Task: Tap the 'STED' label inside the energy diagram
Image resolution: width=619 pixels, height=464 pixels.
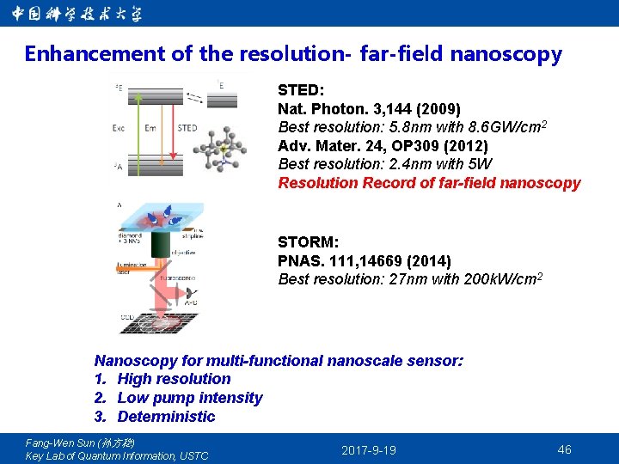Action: [187, 128]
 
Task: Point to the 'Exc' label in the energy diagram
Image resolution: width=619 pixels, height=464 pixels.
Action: [119, 128]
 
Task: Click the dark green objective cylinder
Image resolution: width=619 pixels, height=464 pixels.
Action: [162, 244]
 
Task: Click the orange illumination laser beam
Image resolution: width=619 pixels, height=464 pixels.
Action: [138, 266]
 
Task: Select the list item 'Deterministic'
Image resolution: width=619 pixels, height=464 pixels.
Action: [166, 417]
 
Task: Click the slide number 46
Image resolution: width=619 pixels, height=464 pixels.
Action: [564, 449]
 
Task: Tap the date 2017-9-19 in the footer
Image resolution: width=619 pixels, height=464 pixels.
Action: [369, 450]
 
